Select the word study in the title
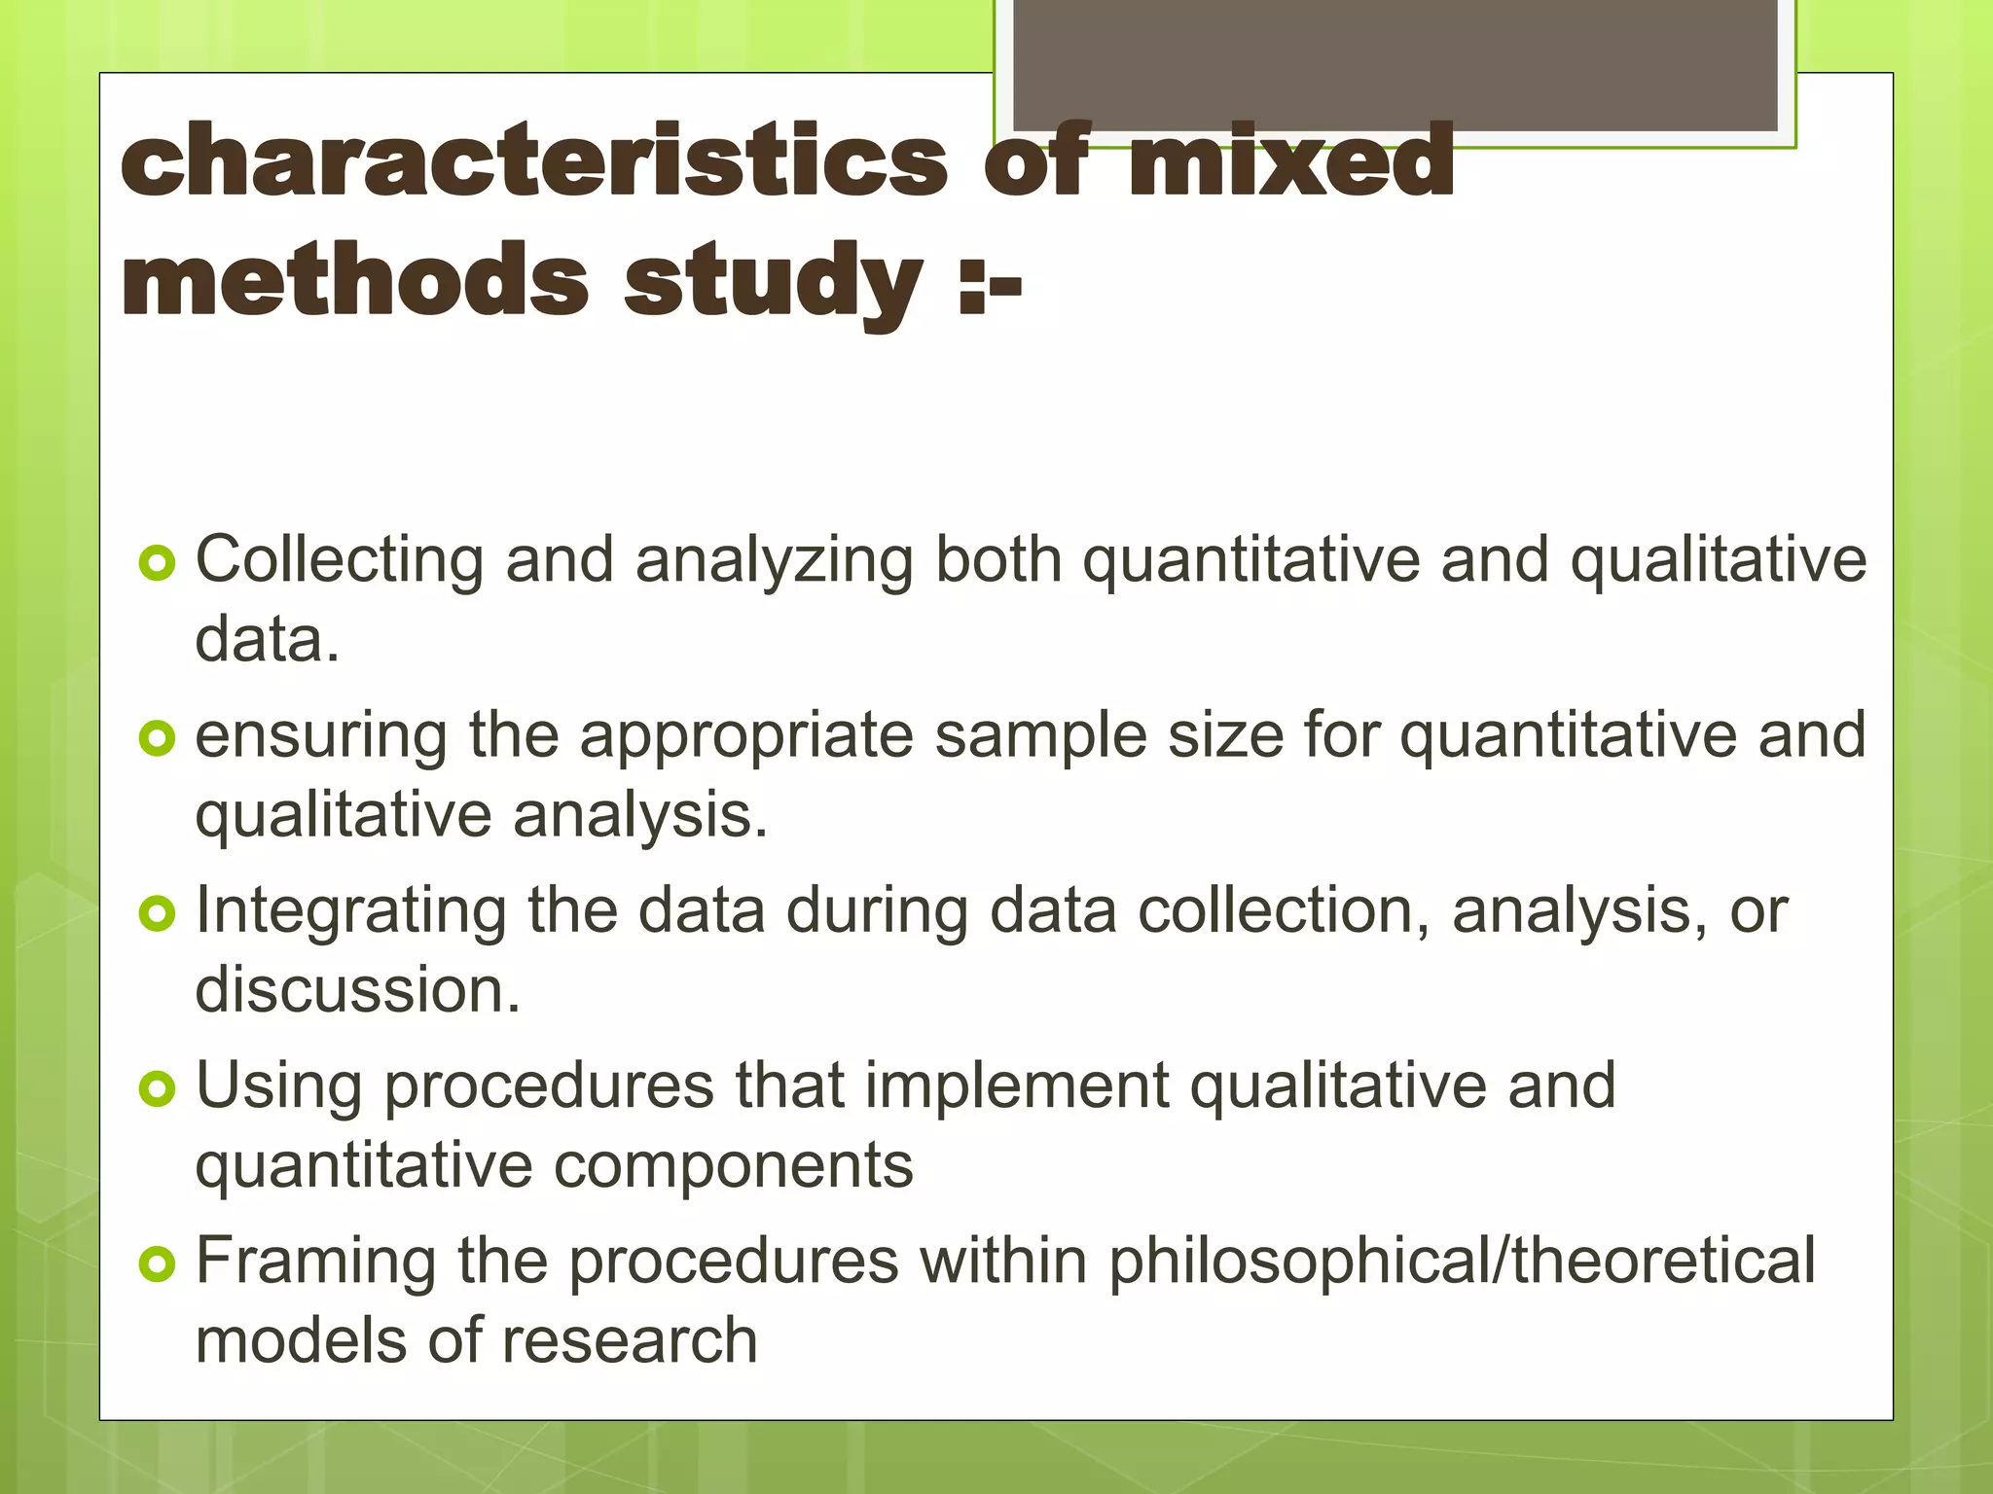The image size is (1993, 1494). click(773, 282)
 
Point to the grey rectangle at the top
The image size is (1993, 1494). click(1395, 65)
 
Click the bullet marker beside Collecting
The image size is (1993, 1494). click(157, 563)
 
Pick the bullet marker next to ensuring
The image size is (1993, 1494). click(157, 738)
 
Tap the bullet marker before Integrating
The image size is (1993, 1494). click(157, 913)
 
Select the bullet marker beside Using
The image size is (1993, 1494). click(157, 1088)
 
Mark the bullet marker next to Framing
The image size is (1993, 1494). click(157, 1263)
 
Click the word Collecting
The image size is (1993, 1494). click(339, 561)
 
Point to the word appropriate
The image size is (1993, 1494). click(746, 737)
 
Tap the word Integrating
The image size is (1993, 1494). click(350, 912)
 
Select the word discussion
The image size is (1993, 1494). click(357, 990)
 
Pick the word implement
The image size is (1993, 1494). click(1016, 1085)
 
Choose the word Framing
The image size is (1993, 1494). click(315, 1263)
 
